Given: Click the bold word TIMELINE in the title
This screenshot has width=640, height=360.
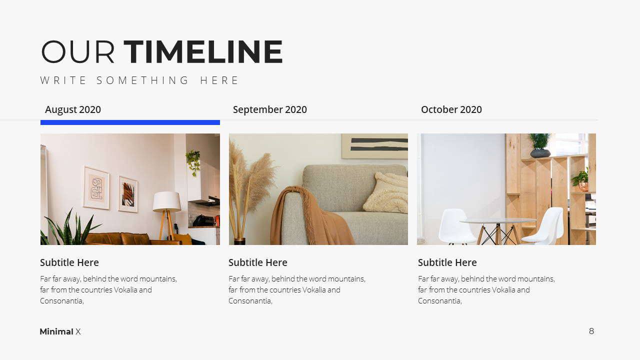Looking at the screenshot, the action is (203, 51).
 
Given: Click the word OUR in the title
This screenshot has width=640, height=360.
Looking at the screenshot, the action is (77, 51).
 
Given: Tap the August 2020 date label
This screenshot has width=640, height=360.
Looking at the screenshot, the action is (73, 109).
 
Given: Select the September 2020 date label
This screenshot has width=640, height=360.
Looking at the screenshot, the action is (269, 109).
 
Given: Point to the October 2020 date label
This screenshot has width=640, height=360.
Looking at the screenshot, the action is (451, 109).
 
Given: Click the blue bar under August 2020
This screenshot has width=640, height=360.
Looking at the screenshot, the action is (130, 122).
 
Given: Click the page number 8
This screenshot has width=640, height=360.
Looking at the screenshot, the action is (591, 331).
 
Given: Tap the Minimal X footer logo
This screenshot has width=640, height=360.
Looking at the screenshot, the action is (60, 331).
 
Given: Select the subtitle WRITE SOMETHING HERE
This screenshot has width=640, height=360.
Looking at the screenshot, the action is (139, 80).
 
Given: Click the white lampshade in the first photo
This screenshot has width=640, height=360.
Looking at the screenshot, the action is (167, 201).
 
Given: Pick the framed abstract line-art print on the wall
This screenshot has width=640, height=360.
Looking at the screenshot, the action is (96, 187).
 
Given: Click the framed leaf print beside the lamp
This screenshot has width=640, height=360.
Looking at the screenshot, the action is (128, 194).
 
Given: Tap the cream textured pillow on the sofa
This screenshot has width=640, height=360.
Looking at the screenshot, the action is (386, 193).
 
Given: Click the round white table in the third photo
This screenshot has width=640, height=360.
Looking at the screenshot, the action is (498, 221).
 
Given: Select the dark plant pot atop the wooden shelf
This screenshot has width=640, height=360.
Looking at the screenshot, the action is (540, 153).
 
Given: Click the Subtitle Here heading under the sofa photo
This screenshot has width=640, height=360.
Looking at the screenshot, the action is (258, 262).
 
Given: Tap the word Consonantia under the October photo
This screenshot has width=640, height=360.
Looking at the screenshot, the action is (440, 301).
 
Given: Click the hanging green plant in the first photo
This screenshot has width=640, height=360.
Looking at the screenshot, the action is (193, 162).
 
